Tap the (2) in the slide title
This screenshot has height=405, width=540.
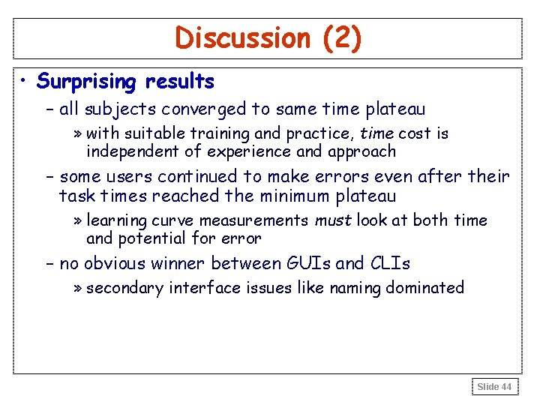coord(342,38)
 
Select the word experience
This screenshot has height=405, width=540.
coord(250,152)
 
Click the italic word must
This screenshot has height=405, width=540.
coord(332,220)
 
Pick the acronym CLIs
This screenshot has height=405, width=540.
coord(389,263)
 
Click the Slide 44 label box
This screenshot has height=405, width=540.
coord(494,386)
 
